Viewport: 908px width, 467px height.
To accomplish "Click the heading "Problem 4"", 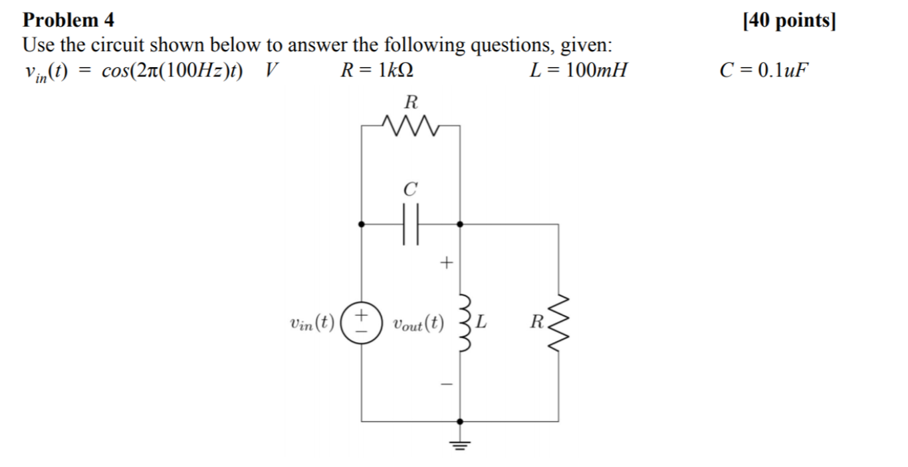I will tap(69, 20).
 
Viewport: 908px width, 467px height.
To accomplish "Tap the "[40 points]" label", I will tap(789, 21).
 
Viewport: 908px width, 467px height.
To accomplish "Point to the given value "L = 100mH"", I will tap(578, 70).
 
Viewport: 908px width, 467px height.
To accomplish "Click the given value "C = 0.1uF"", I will tap(765, 70).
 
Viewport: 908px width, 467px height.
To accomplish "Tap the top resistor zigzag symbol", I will tap(411, 124).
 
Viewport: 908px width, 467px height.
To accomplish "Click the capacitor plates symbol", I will tap(411, 225).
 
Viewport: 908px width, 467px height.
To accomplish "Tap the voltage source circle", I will tap(362, 324).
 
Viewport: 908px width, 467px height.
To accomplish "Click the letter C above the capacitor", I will tap(411, 190).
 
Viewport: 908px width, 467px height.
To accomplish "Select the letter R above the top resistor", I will tap(411, 102).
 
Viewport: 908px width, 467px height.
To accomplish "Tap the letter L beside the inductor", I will tap(483, 324).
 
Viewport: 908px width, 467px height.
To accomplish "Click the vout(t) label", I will tap(417, 324).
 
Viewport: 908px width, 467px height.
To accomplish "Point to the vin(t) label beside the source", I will tap(312, 324).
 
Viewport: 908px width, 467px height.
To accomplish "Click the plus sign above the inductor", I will tap(446, 263).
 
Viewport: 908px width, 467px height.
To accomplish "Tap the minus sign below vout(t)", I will tap(447, 384).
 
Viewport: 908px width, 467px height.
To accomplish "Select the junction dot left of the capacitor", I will tap(362, 225).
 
